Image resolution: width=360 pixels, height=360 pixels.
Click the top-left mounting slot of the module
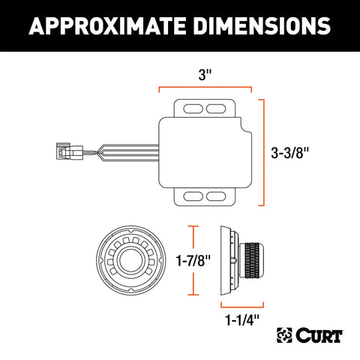[x=193, y=109]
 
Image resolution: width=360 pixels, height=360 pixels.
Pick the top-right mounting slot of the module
[x=219, y=109]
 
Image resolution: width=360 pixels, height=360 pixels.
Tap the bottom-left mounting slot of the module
[x=193, y=196]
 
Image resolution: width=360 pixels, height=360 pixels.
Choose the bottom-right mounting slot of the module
[x=219, y=196]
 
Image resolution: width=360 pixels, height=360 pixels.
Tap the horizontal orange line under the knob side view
[x=241, y=305]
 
